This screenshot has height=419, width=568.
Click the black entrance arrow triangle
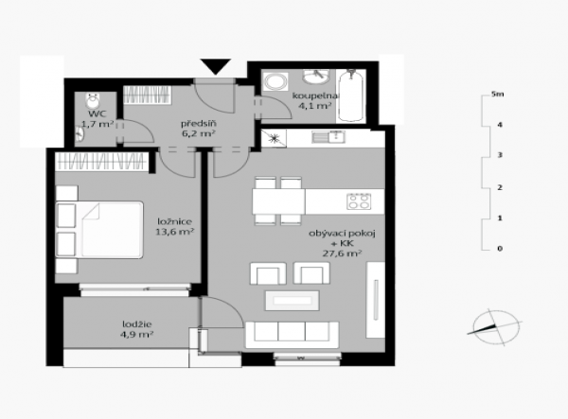click(x=216, y=66)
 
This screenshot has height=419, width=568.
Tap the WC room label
click(x=98, y=114)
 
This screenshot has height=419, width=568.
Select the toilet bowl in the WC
click(x=93, y=100)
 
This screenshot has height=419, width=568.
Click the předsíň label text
click(x=199, y=124)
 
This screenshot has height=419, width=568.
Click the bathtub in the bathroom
click(x=350, y=96)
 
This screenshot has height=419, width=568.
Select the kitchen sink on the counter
click(x=328, y=137)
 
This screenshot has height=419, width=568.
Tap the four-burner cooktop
click(x=359, y=201)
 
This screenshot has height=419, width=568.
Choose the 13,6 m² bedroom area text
click(x=174, y=232)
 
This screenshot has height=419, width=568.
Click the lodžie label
click(x=137, y=324)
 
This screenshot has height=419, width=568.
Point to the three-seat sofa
click(x=292, y=335)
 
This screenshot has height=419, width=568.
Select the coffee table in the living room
click(x=293, y=301)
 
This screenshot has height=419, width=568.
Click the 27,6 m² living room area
click(x=342, y=253)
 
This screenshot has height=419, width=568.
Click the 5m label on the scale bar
click(x=497, y=94)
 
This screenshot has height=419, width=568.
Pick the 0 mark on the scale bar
click(x=500, y=249)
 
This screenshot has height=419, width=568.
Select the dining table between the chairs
click(x=278, y=201)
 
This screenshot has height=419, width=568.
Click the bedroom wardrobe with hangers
click(x=102, y=162)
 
